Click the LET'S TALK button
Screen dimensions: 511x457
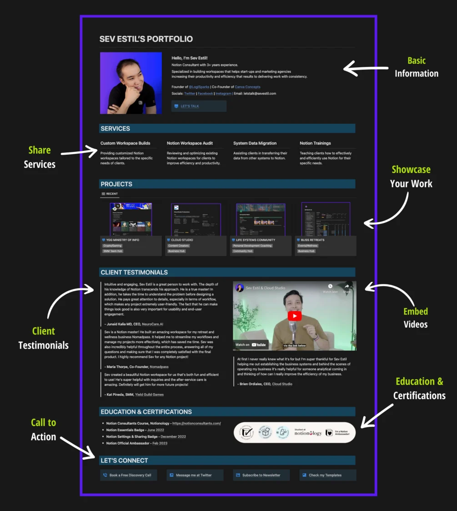199,106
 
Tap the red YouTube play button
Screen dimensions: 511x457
295,316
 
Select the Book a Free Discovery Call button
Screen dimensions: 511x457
129,475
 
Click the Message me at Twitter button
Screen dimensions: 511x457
195,475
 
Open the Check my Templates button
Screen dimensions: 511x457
327,475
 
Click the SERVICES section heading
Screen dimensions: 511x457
116,129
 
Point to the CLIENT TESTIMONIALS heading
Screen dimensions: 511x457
134,273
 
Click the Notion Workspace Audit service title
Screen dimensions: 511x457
190,143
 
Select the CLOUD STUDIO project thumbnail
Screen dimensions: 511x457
196,219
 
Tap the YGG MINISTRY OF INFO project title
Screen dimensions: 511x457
123,240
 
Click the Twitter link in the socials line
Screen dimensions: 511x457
190,93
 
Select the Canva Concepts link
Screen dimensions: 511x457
247,87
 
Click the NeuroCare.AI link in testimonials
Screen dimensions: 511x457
152,324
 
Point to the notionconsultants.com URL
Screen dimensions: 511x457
196,424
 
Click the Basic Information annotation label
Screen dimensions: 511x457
416,67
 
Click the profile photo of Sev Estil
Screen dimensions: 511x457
131,83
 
